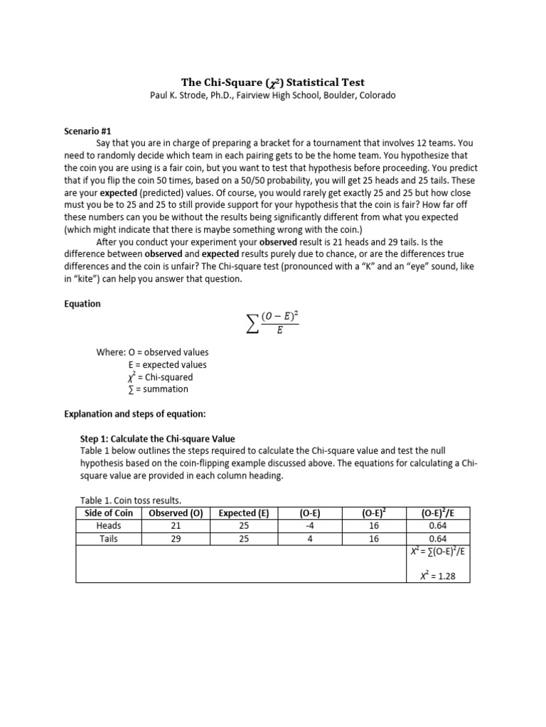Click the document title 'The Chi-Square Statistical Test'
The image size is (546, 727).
coord(272,82)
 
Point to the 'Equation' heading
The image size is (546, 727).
coord(83,304)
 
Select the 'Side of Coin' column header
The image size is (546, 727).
coord(109,513)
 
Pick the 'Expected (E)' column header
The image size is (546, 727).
coord(243,513)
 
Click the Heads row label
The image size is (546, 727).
coord(109,526)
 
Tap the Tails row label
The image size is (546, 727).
coord(109,539)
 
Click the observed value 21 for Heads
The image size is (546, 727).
coord(176,526)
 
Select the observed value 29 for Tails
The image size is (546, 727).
coord(176,539)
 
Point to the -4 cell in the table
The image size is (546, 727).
coord(309,526)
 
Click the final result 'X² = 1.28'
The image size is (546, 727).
coord(437,576)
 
